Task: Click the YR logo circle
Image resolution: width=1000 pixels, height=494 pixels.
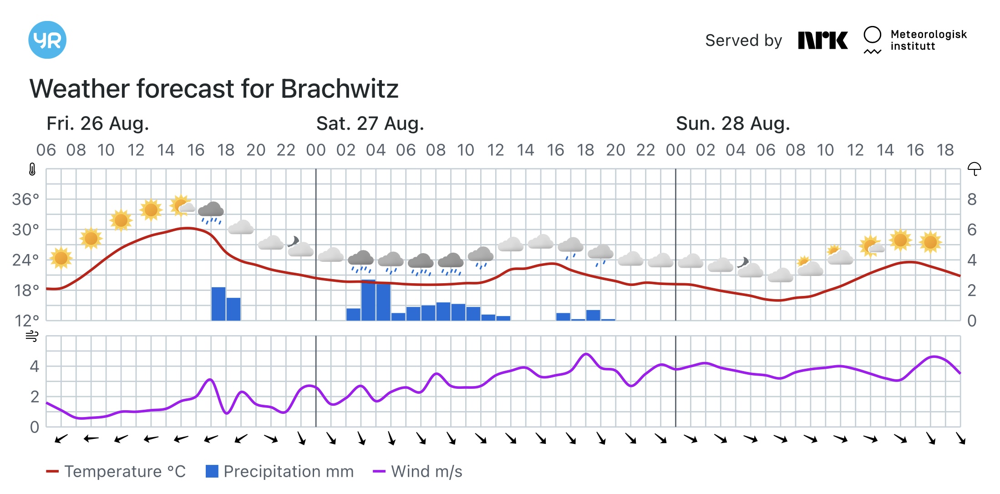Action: pos(47,40)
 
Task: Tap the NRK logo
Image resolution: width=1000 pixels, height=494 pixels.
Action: pos(822,41)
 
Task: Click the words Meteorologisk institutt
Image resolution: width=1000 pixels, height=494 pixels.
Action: pos(928,40)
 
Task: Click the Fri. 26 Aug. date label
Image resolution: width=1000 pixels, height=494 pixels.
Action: pos(98,123)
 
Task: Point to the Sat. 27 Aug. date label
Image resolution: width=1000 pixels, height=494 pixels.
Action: pos(370,123)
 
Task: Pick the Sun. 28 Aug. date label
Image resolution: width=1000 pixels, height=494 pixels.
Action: pos(733,123)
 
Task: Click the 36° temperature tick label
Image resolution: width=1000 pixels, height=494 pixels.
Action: pos(25,199)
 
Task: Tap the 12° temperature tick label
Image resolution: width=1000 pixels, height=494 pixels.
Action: pos(26,321)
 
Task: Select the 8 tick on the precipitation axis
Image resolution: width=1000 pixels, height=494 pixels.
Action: pos(972,199)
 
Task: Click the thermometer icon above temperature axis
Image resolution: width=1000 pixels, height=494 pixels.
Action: pos(32,169)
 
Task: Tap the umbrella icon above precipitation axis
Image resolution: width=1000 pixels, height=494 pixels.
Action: pos(974,169)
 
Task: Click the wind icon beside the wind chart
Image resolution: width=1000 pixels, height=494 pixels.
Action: pos(32,336)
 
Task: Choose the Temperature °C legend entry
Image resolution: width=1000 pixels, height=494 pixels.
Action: pos(116,472)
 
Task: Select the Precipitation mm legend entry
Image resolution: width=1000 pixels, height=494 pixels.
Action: pos(279,472)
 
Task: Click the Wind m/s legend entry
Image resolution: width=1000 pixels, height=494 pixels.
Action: pos(417,472)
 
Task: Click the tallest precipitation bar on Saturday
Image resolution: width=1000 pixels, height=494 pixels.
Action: pos(368,300)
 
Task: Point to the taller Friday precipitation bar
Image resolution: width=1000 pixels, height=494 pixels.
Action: pos(218,304)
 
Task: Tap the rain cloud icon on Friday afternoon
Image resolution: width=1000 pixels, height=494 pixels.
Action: pos(211,212)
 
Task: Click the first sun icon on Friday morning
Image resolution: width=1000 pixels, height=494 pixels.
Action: pos(61,258)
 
